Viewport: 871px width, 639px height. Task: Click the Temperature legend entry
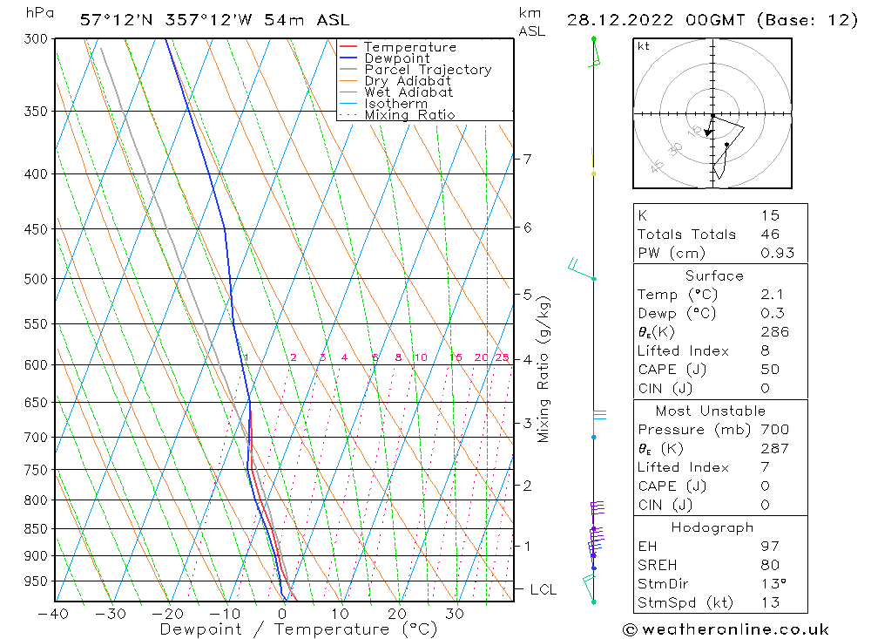coord(409,47)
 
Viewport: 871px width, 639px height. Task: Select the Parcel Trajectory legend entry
coord(428,70)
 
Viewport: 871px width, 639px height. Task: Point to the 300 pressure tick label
coord(36,39)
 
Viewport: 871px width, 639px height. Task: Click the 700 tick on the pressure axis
coord(36,437)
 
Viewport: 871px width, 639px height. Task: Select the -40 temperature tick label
coord(54,613)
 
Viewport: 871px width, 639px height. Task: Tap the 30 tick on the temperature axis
coord(455,613)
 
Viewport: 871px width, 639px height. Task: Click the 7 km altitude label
coord(527,159)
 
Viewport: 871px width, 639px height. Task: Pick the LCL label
coord(543,590)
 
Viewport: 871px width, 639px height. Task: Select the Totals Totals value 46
coord(770,235)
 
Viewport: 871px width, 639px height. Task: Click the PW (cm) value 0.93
coord(775,254)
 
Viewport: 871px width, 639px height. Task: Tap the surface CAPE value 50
coord(770,370)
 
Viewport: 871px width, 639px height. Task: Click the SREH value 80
coord(770,565)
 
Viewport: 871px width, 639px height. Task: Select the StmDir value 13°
coord(772,584)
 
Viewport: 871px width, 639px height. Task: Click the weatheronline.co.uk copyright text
coord(726,629)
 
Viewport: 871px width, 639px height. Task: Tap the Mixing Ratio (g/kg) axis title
coord(544,369)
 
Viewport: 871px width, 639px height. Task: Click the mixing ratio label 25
coord(502,357)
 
